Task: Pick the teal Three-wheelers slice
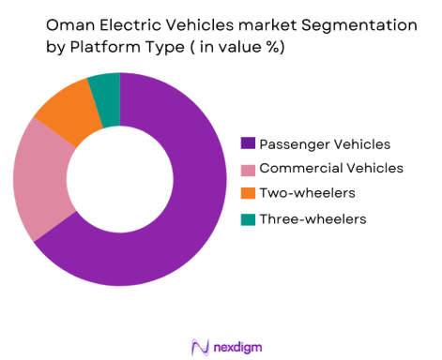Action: coord(105,87)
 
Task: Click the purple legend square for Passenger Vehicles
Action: coord(248,143)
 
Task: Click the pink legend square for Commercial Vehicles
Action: coord(248,168)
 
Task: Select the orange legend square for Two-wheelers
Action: coord(248,193)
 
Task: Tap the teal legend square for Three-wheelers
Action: coord(248,218)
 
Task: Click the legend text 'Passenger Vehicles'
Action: coord(324,143)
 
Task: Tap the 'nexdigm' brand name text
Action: coord(236,344)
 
